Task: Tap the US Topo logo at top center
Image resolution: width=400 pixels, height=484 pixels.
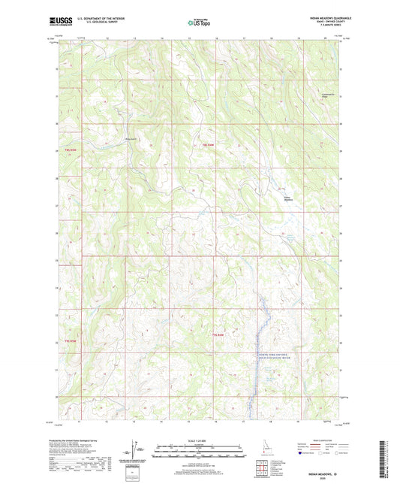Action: (x=199, y=23)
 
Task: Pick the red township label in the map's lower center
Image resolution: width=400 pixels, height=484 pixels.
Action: (x=218, y=334)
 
